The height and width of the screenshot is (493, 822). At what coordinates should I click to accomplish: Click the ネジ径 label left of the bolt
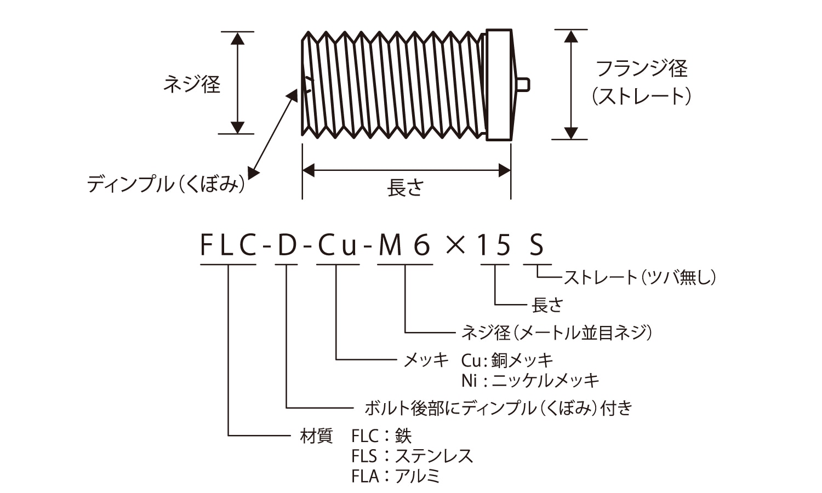(192, 84)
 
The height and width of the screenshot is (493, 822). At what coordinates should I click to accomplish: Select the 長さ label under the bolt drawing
(406, 188)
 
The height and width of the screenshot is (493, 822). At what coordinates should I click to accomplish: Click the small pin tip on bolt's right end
(523, 84)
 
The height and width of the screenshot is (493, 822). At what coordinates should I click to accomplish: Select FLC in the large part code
(228, 245)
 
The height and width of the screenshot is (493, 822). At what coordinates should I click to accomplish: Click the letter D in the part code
(286, 245)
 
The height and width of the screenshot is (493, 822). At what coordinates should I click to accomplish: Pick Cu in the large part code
(338, 245)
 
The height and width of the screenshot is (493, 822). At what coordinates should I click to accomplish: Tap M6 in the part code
(406, 245)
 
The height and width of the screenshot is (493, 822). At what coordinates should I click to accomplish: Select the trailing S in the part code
(535, 245)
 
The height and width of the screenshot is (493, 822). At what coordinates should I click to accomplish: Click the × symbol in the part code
(455, 245)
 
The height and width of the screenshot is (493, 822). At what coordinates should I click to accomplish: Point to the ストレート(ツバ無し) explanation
(640, 277)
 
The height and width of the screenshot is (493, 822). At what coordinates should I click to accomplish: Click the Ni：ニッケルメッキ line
(530, 380)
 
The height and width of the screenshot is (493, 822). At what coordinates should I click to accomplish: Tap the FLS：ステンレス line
(412, 456)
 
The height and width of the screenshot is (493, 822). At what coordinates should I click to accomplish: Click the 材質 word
(316, 436)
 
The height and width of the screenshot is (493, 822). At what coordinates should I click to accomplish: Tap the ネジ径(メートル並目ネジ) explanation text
(557, 332)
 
